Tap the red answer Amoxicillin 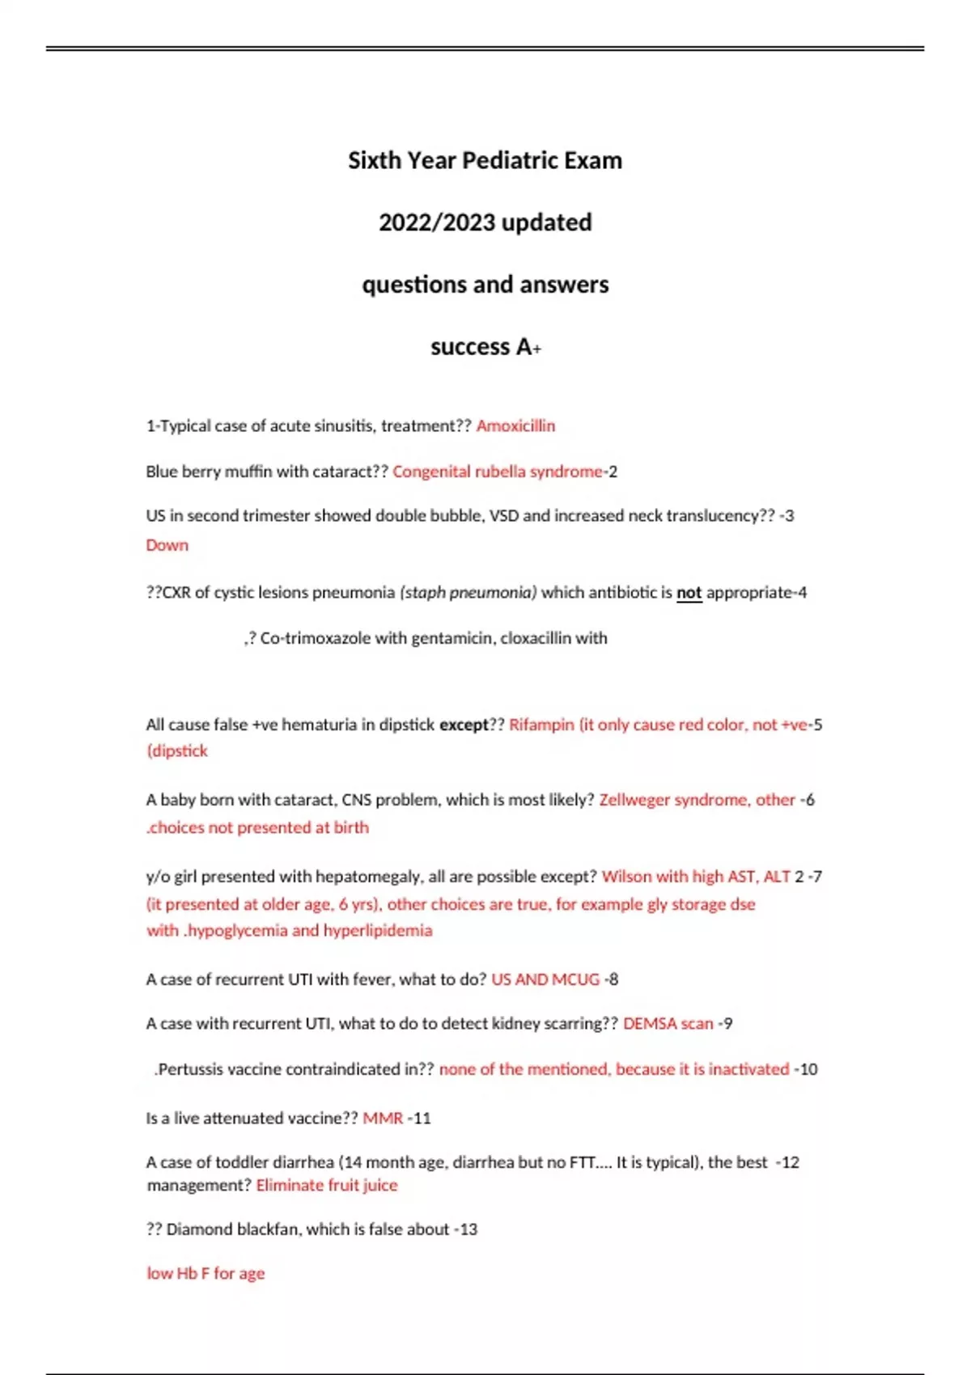(x=515, y=426)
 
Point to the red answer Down (x=167, y=545)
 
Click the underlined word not (x=689, y=593)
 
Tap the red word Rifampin (x=541, y=725)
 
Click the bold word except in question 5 (x=464, y=725)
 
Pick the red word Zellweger (x=634, y=800)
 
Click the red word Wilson (x=626, y=877)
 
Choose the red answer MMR (x=383, y=1119)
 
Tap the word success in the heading (x=469, y=347)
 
